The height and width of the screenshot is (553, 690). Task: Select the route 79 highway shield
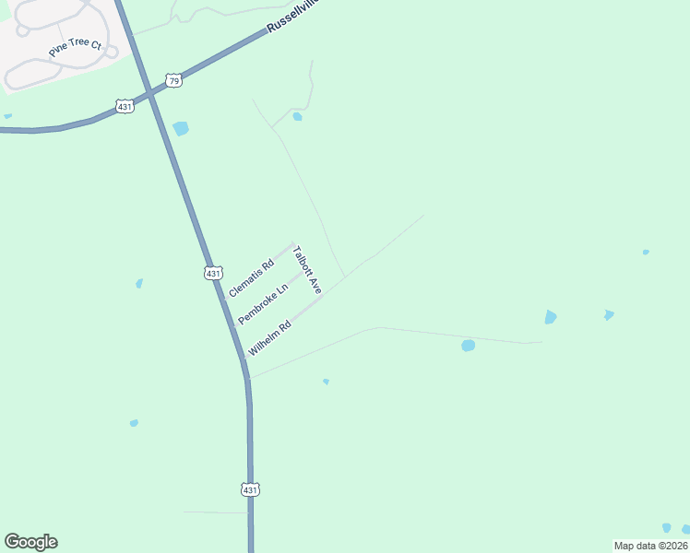pos(174,81)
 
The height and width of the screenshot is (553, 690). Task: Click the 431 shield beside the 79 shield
pos(125,107)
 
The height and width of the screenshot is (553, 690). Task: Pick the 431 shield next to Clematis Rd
pos(213,273)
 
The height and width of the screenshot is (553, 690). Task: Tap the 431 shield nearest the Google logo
pos(250,489)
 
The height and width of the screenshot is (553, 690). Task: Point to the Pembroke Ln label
pos(263,303)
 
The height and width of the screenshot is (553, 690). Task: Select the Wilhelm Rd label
pos(270,338)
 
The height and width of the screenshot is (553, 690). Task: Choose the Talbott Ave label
pos(306,270)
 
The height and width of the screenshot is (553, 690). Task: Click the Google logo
pos(30,542)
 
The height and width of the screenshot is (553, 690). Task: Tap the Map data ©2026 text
pos(650,545)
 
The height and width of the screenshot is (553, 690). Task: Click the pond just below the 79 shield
pos(181,128)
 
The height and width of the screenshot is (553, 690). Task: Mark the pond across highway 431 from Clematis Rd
pos(139,283)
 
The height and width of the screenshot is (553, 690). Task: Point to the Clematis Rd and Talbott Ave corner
pos(293,244)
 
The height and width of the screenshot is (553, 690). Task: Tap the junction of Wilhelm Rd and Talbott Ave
pos(322,296)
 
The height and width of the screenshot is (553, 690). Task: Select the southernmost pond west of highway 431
pos(134,423)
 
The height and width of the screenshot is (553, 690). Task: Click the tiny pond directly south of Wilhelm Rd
pos(326,381)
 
